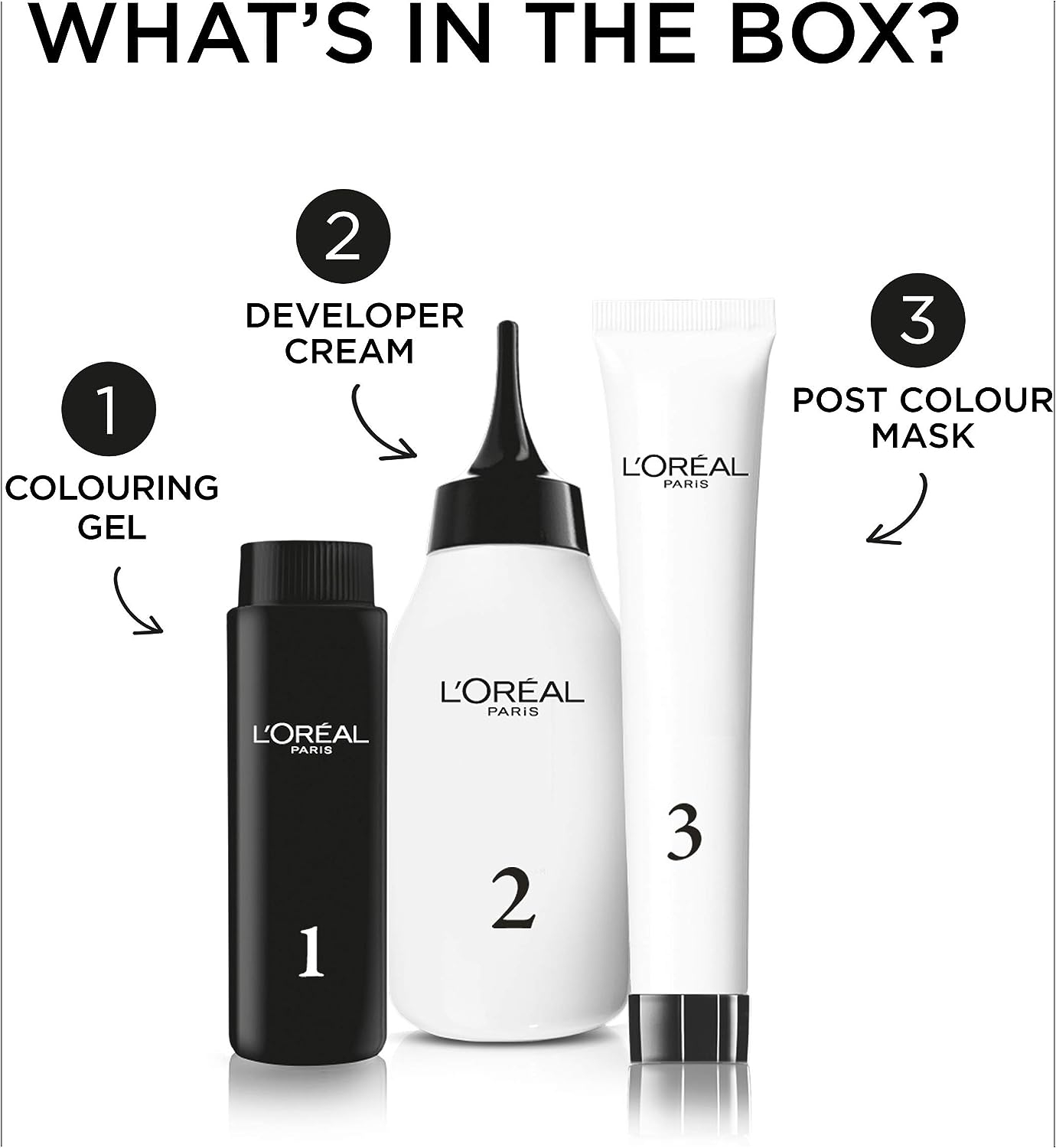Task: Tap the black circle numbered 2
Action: (343, 237)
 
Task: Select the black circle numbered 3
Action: (918, 320)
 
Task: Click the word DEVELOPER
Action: (354, 316)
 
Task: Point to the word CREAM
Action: (349, 351)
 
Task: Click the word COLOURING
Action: (112, 488)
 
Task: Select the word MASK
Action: (923, 436)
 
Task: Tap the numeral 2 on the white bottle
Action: (513, 900)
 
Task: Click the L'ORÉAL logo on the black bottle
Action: (311, 739)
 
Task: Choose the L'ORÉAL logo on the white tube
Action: (685, 471)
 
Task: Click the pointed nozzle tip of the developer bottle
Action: (506, 325)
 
